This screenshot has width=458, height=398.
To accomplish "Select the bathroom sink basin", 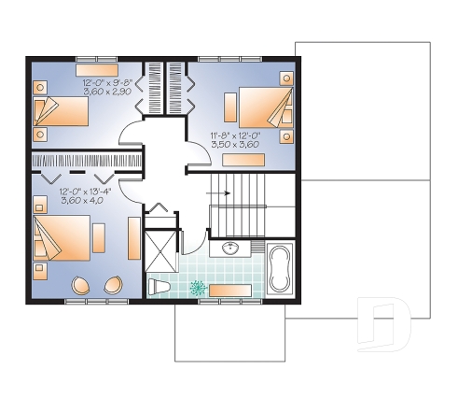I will click(230, 248).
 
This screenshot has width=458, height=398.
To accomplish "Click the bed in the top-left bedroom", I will click(61, 112).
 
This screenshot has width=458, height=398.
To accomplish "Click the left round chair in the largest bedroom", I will click(81, 287).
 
